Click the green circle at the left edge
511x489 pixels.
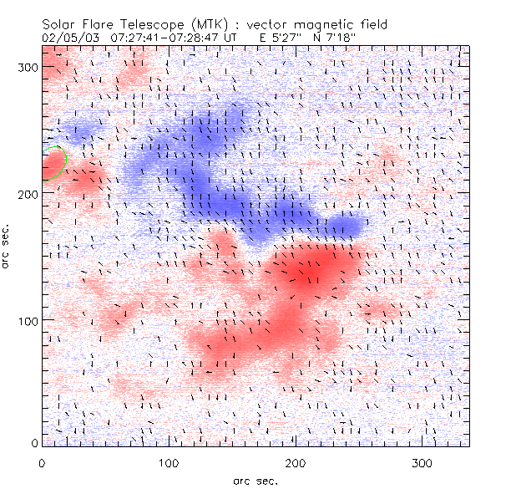pos(53,163)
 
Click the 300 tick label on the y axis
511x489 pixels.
pos(28,67)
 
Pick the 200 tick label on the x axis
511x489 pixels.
pos(296,462)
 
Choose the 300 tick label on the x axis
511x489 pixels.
pos(422,462)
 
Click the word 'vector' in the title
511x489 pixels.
pos(274,25)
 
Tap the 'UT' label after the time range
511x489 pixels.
pos(229,38)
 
